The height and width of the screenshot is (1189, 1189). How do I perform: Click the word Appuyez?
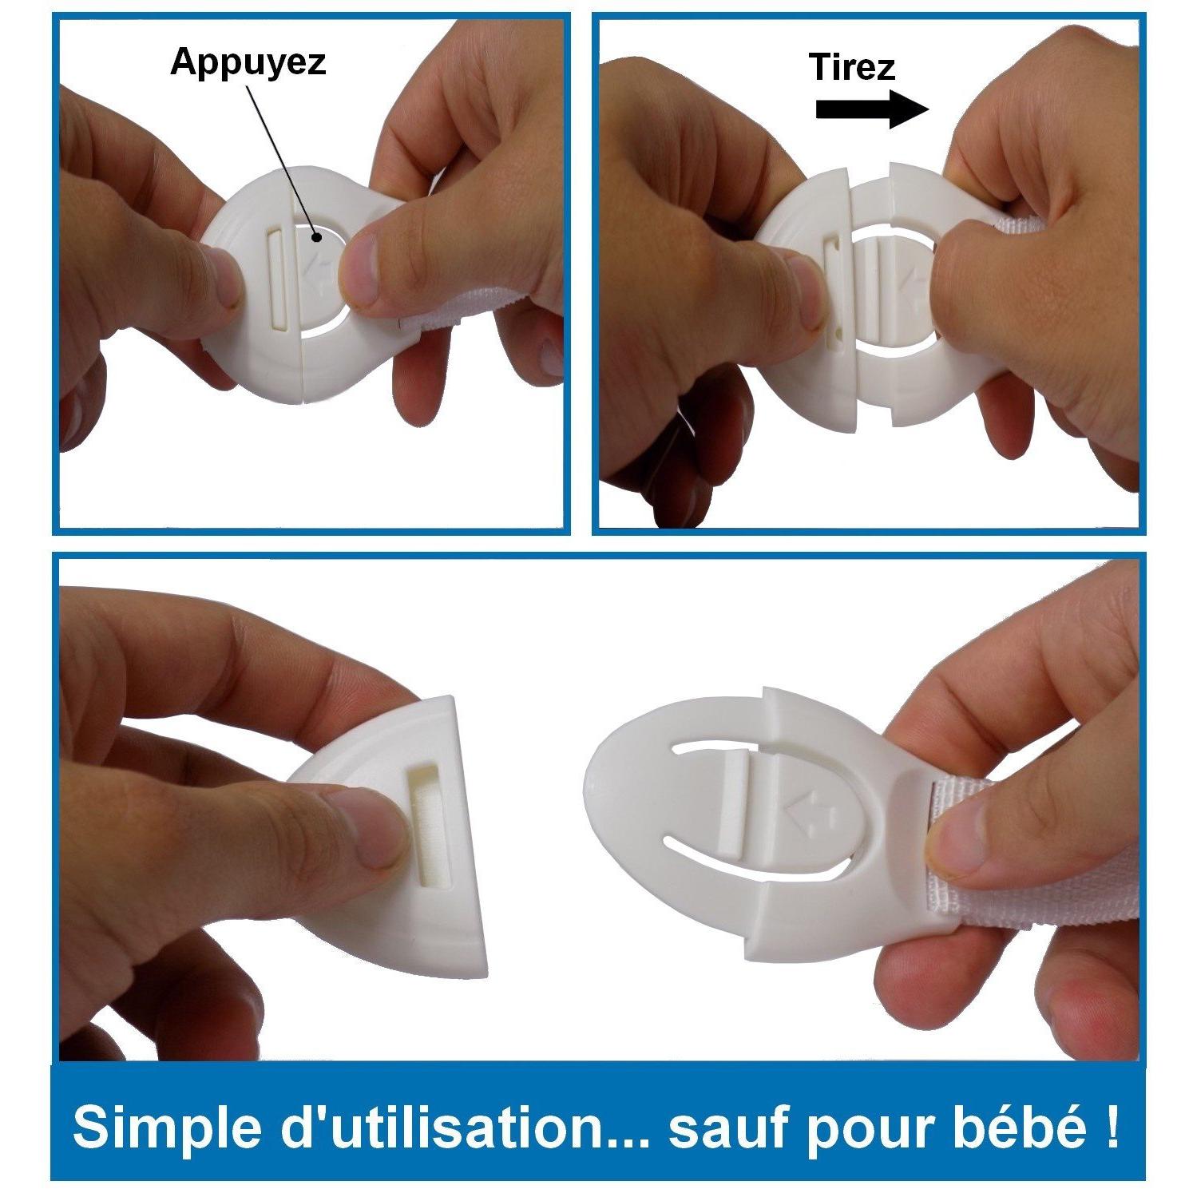tap(248, 62)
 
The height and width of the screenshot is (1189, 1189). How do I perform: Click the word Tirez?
tap(852, 67)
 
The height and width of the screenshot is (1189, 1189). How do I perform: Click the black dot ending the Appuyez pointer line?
tap(317, 235)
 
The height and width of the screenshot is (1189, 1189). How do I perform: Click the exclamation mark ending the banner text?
tap(1112, 1126)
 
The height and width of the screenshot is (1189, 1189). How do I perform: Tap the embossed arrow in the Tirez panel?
tap(914, 283)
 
